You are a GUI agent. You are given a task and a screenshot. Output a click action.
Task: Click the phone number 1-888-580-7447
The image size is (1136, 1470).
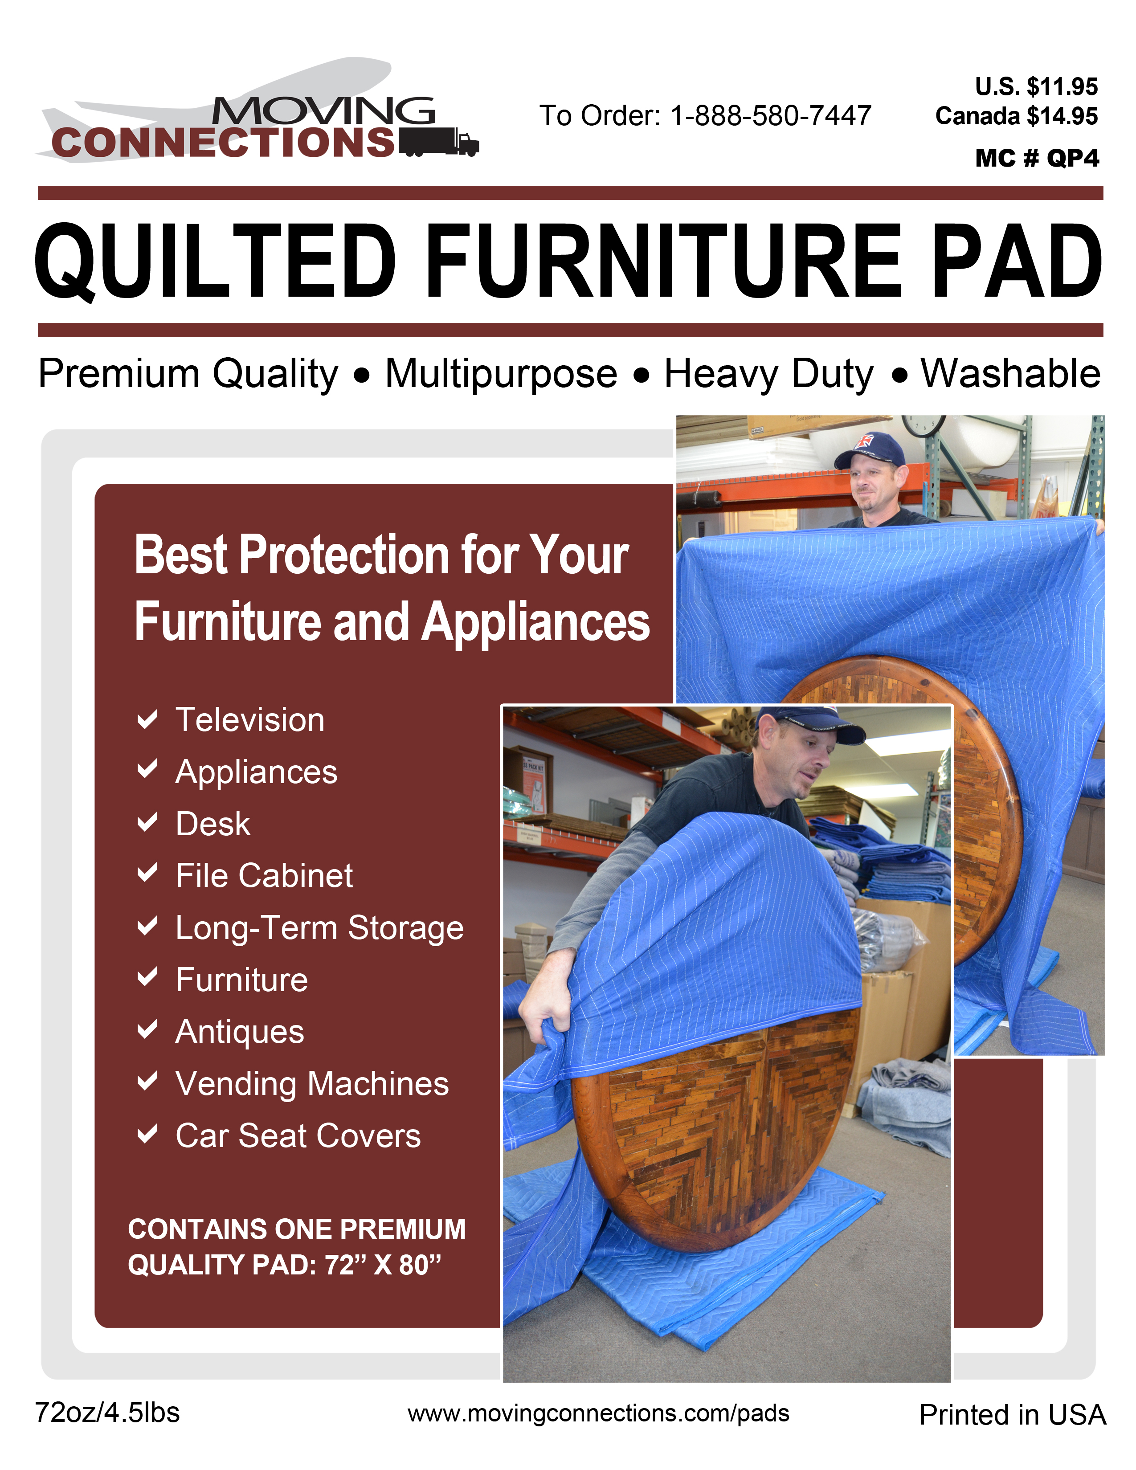point(771,116)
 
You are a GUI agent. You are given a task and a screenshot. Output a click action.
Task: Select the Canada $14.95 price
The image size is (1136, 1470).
point(1016,116)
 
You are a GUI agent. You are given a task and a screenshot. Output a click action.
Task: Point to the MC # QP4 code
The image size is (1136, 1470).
point(1037,158)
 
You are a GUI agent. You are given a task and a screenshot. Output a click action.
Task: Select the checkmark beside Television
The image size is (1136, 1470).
point(147,719)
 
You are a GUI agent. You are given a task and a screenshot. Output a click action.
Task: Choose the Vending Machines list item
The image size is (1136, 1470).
point(311,1084)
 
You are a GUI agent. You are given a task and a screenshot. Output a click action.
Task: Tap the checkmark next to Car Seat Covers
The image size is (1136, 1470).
point(147,1134)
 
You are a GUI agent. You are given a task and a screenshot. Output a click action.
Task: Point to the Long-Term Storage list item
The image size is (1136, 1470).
point(320,928)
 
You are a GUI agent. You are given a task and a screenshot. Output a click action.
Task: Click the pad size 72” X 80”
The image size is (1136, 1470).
point(382,1265)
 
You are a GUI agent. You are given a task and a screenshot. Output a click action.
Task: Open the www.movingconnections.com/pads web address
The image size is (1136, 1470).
point(598,1413)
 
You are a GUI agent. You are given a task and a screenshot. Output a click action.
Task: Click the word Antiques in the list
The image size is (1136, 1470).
point(240,1032)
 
